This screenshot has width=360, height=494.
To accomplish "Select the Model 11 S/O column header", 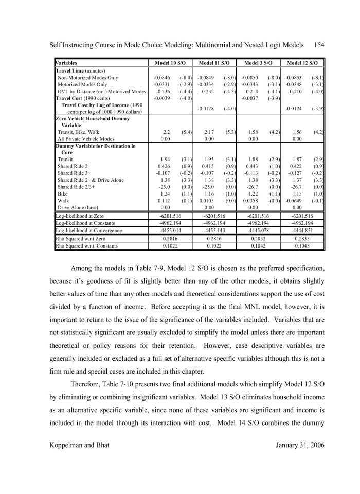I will [215, 63].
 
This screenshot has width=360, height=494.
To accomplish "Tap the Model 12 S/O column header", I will [303, 63].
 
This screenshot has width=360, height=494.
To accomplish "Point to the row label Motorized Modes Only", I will [83, 84].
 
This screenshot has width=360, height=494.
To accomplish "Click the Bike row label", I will [63, 193].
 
